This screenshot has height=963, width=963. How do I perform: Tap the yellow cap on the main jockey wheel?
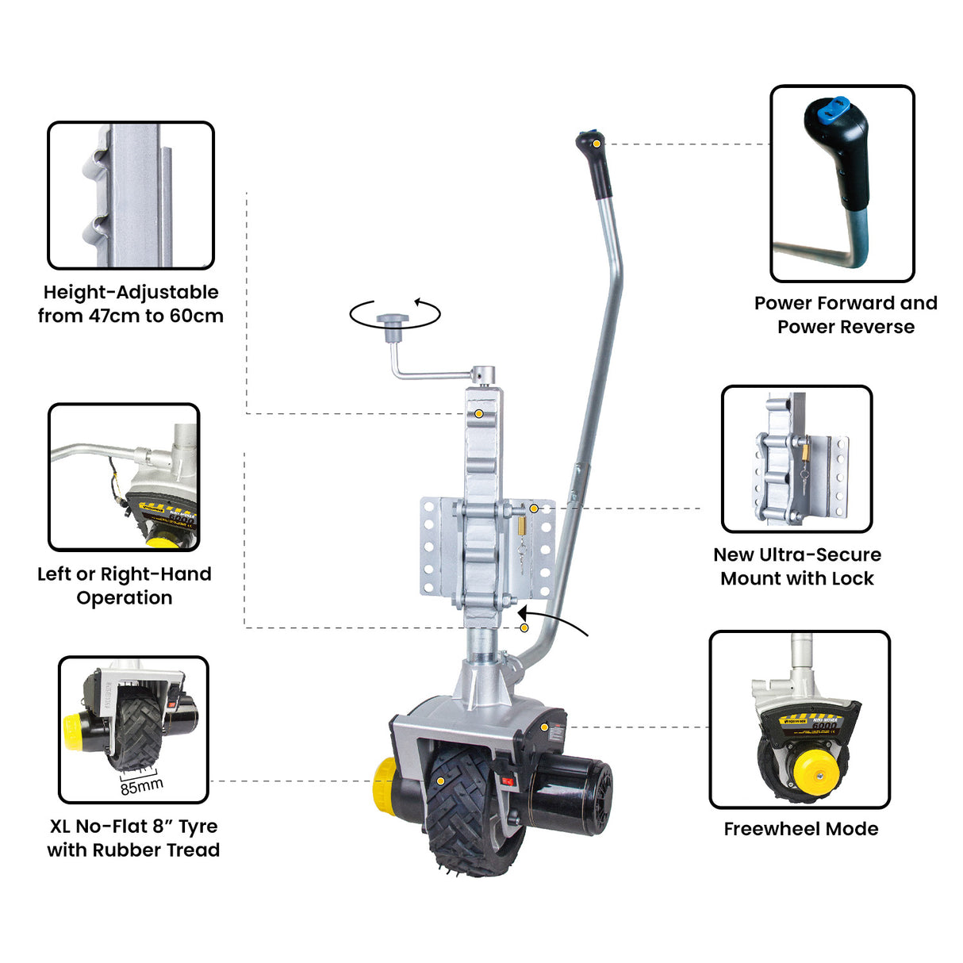pyautogui.click(x=384, y=784)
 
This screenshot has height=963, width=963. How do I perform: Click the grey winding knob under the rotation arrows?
pyautogui.click(x=392, y=320)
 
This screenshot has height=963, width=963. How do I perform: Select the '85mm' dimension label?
pyautogui.click(x=141, y=785)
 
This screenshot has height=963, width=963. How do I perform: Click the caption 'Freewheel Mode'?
pyautogui.click(x=800, y=829)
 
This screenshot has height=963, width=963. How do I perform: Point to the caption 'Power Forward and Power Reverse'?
pyautogui.click(x=846, y=315)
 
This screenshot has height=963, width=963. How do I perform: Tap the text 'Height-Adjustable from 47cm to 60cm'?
pyautogui.click(x=131, y=304)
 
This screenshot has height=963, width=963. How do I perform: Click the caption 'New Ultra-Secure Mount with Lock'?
pyautogui.click(x=796, y=566)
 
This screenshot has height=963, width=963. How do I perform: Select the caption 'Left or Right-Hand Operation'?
pyautogui.click(x=125, y=585)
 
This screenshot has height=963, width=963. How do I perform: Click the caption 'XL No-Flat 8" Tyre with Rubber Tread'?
pyautogui.click(x=133, y=838)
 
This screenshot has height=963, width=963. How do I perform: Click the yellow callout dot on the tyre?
pyautogui.click(x=441, y=781)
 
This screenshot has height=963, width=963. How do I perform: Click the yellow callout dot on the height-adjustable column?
pyautogui.click(x=479, y=414)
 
